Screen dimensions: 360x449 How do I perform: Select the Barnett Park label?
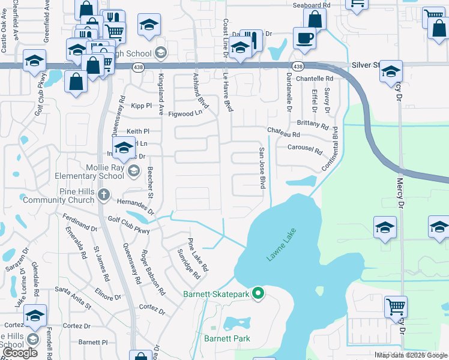tap(227, 339)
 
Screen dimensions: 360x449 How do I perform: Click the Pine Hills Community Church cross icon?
tap(104, 194)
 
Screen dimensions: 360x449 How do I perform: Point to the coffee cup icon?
tap(304, 38)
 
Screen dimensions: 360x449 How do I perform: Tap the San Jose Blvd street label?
tap(262, 169)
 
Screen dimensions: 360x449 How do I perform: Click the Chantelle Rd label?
tap(315, 79)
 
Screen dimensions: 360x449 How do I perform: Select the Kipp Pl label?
tap(142, 106)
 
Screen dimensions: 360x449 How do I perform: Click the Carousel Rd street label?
tap(305, 148)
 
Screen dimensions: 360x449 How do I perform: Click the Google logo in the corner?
tap(20, 353)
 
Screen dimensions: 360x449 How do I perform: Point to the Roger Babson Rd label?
tap(152, 273)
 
